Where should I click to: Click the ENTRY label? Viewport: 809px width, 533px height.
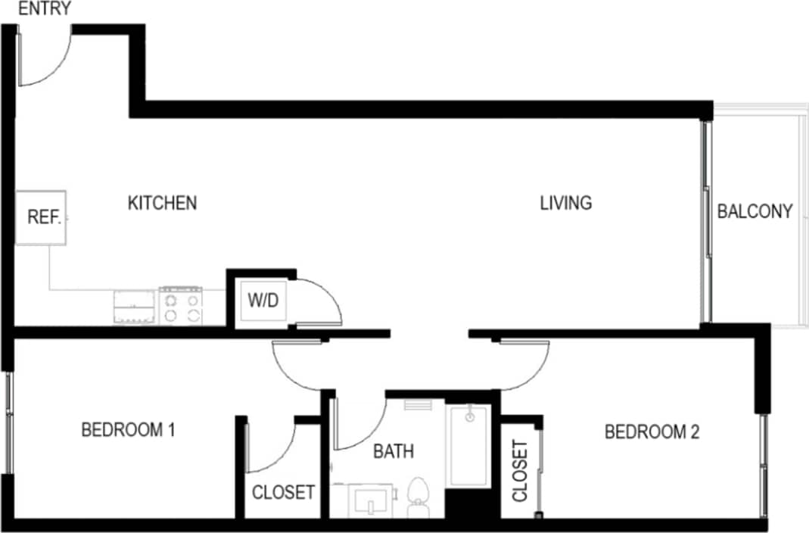[45, 9]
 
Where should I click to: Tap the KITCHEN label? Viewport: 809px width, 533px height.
[162, 203]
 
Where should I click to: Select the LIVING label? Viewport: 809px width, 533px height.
[565, 203]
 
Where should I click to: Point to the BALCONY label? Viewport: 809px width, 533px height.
[755, 211]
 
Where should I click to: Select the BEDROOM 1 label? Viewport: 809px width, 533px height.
[128, 430]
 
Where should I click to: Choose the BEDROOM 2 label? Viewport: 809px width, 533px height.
[651, 432]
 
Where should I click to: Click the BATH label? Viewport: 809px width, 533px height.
[394, 451]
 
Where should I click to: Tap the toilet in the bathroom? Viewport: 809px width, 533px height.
[417, 497]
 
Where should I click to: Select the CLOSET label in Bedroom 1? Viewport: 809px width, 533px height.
[283, 493]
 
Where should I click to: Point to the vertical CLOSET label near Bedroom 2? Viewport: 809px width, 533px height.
[520, 471]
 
